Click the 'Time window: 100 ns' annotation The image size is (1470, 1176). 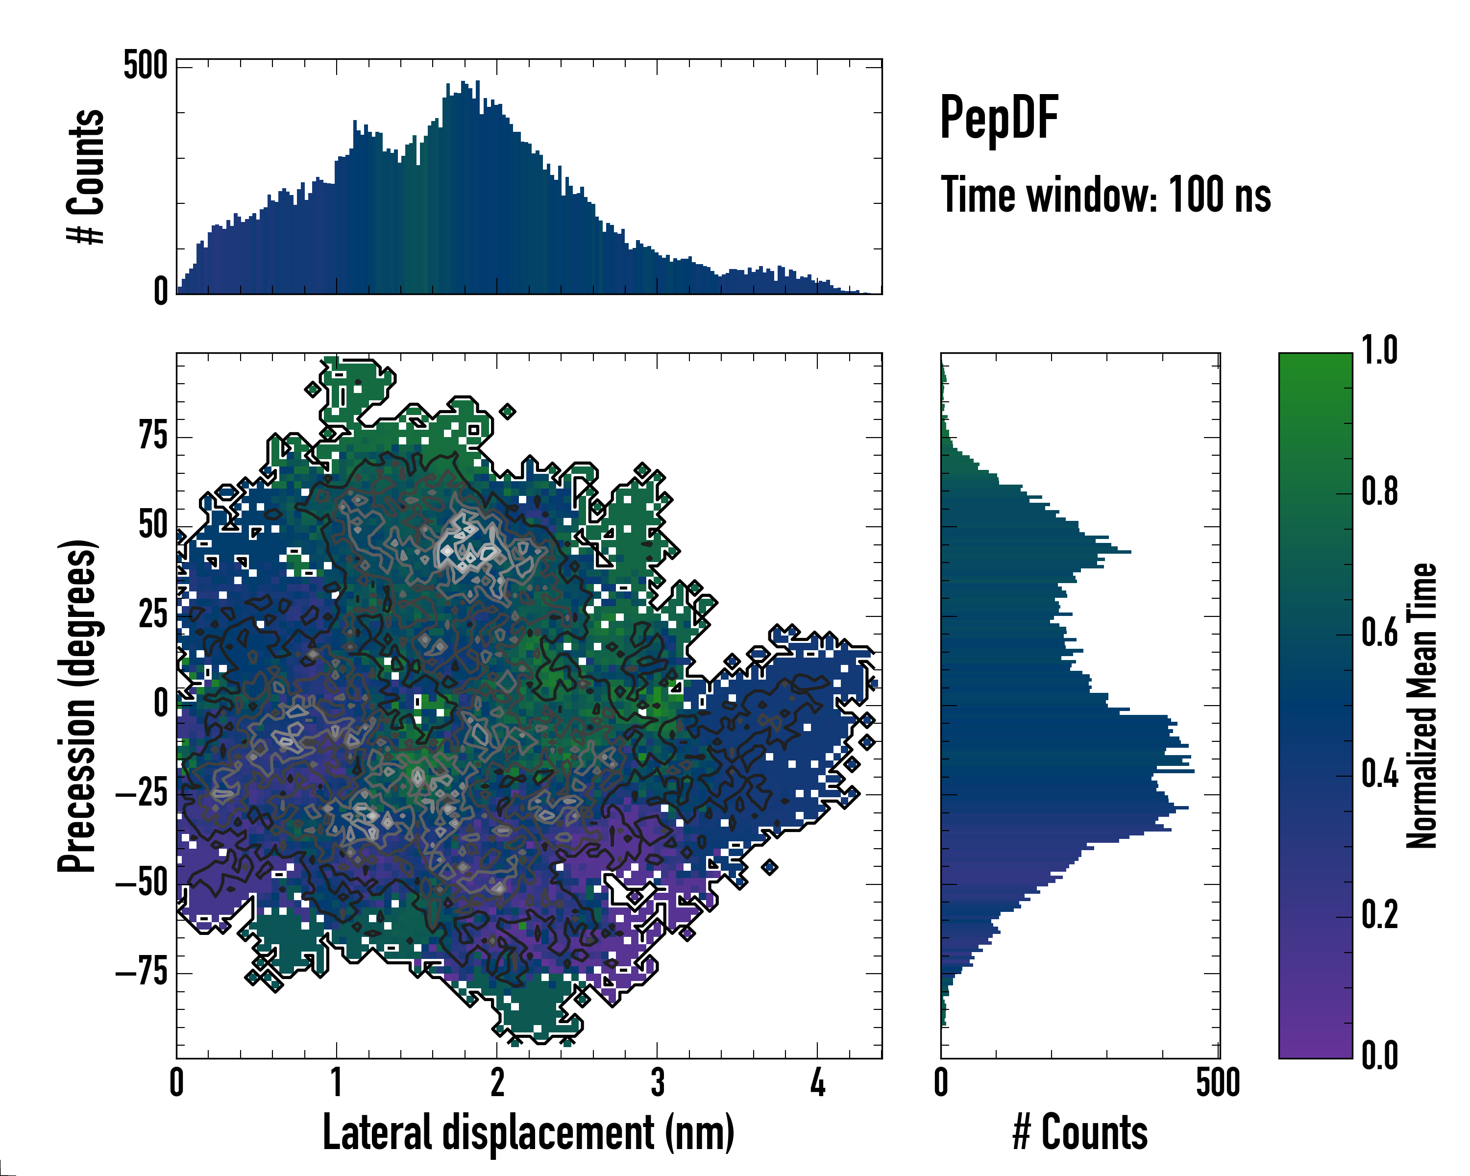coord(1105,195)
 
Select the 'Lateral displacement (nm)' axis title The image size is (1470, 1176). coord(528,1132)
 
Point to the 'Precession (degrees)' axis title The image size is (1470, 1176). coord(76,706)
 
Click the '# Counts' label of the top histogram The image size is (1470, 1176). coord(86,176)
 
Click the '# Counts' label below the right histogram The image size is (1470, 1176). coord(1080,1132)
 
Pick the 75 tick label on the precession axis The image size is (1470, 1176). coord(153,436)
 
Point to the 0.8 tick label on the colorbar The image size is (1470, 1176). coord(1379,492)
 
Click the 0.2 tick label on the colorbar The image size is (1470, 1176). coord(1379,915)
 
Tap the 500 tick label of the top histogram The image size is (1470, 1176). coord(145,66)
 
